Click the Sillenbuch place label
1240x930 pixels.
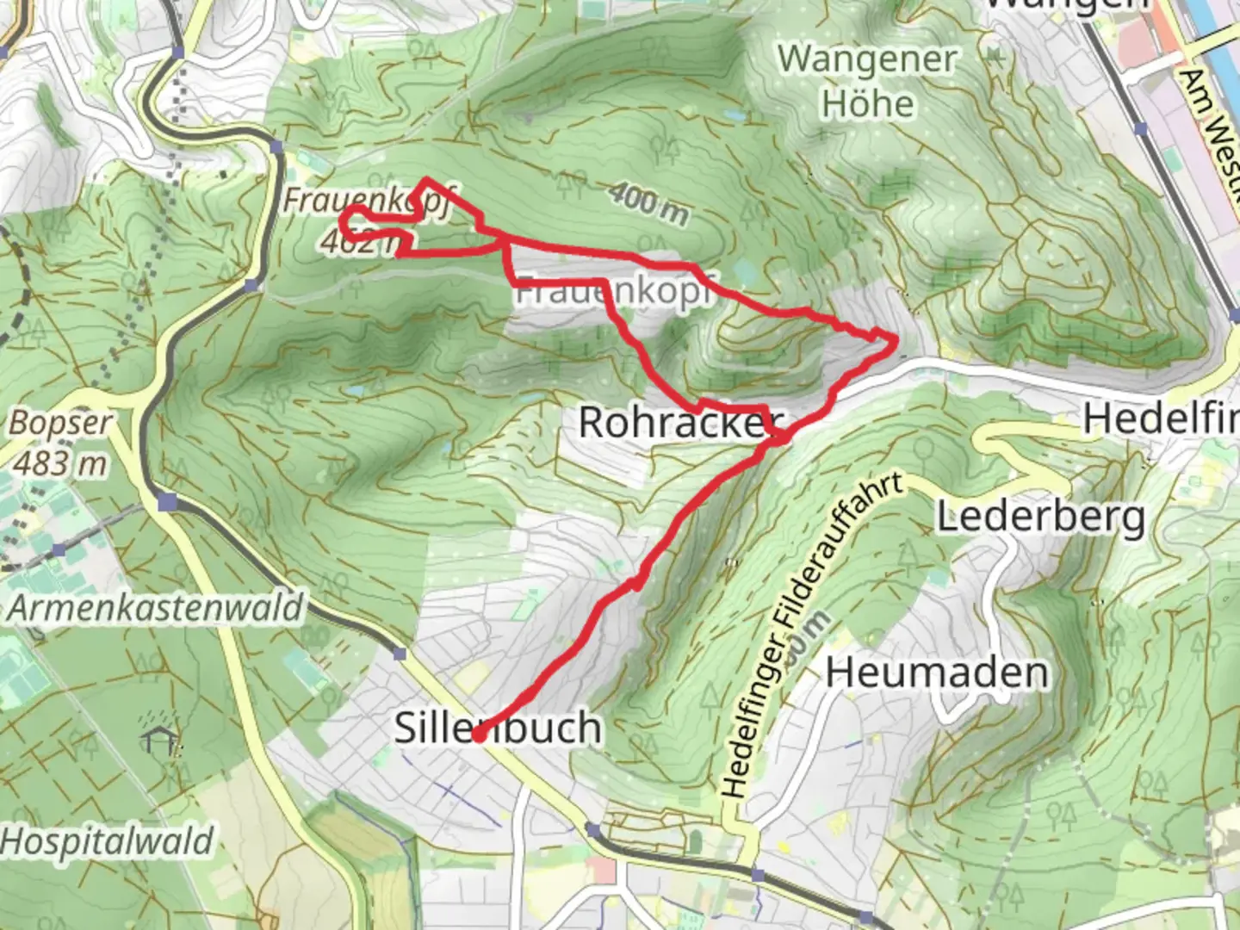(x=498, y=728)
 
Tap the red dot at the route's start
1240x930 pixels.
(x=478, y=735)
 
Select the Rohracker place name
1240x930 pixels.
(x=676, y=422)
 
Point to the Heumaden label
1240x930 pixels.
(x=937, y=673)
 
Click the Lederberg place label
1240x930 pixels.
(x=1040, y=518)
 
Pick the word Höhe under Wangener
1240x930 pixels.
(x=867, y=104)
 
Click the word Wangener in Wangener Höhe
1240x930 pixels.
(x=867, y=60)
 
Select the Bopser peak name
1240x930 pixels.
(x=60, y=424)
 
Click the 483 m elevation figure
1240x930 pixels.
(x=60, y=463)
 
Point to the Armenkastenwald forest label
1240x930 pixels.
(x=156, y=608)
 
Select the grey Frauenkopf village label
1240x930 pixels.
(x=613, y=292)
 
